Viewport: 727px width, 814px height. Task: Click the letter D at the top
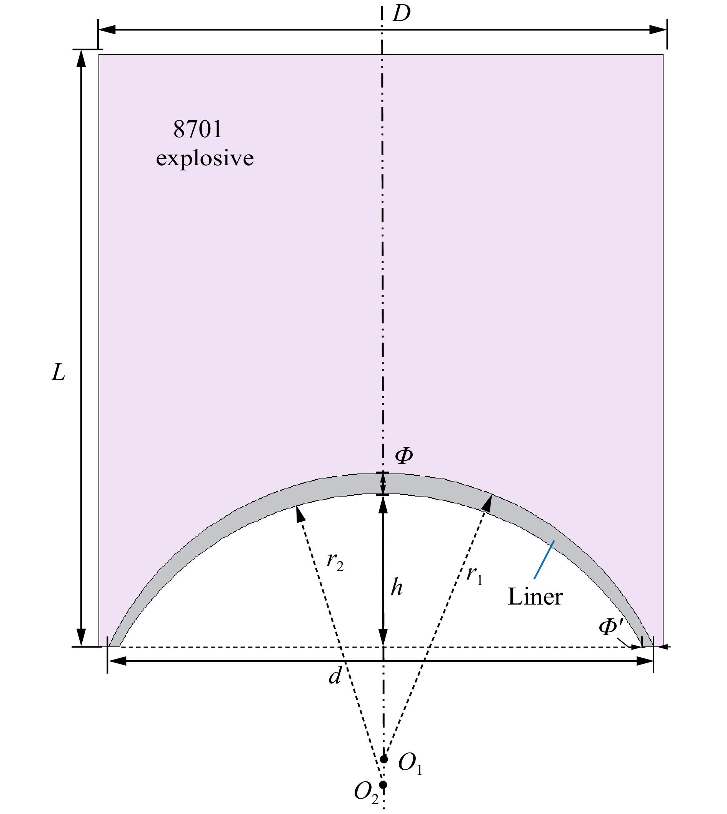point(402,15)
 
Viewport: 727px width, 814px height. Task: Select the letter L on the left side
point(58,374)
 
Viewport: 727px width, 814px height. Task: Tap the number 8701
point(198,130)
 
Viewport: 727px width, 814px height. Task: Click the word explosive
point(205,158)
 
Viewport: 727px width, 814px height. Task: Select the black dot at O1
point(384,759)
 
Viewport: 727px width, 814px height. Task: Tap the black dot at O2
point(383,785)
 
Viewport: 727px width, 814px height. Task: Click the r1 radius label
point(475,575)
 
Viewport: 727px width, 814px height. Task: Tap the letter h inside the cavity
point(396,588)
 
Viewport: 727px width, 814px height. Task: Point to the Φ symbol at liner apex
point(404,455)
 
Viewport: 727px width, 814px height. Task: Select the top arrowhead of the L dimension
point(81,59)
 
